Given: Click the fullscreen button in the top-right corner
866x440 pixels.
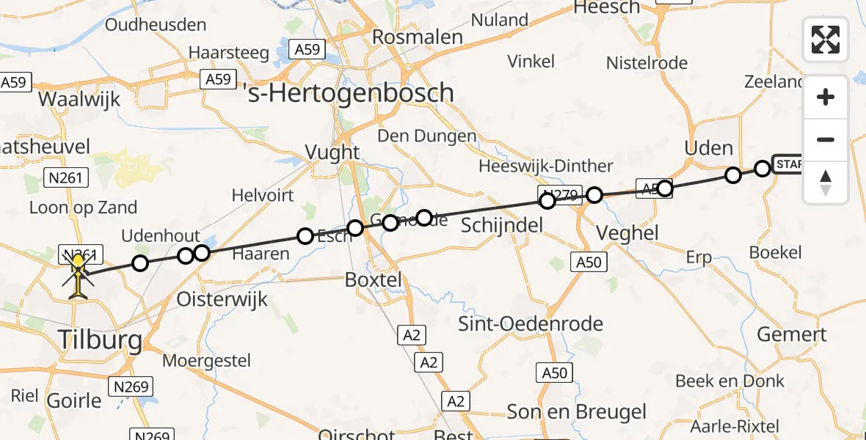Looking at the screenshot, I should coord(826,40).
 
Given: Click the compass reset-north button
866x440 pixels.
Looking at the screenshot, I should coord(826,183).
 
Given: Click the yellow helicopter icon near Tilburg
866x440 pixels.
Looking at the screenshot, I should coord(78,276).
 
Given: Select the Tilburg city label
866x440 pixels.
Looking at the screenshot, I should coord(101,340).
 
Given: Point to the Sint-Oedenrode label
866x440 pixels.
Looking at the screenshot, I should coord(531,323).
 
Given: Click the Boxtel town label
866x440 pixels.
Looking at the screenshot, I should coord(374,279).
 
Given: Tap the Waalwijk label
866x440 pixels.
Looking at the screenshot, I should coord(79,100).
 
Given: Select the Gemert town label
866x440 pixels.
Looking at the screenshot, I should coord(792,334).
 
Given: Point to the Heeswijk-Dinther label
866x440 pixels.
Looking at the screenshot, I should coord(545,166).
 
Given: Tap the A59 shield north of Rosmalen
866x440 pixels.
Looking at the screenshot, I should coord(308,49).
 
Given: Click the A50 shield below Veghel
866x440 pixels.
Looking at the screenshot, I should coord(586,262).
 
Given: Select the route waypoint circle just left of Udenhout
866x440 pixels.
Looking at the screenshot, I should coord(139,263).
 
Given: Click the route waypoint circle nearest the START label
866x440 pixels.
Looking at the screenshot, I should coord(763,169).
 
